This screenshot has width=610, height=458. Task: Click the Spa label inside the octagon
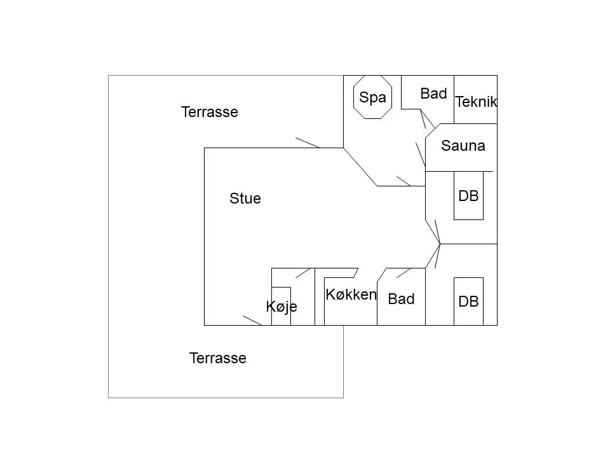372,97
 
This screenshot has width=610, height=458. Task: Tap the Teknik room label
476,102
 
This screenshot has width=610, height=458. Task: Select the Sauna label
463,146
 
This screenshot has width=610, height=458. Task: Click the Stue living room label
245,198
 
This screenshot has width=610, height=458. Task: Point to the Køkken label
351,295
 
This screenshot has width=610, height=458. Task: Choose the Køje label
281,307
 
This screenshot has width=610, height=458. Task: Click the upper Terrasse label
210,112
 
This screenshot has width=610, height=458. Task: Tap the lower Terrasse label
218,358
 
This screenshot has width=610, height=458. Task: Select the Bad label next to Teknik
433,94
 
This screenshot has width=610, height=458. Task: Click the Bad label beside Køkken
401,299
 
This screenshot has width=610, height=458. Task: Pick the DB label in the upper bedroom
468,196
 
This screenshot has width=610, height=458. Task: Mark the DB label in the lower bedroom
468,302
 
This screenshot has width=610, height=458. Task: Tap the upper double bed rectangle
454,195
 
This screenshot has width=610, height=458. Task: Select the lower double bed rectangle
454,302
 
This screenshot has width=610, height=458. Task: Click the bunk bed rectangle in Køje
271,306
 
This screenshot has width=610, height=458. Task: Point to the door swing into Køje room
302,273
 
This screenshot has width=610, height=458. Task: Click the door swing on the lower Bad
404,273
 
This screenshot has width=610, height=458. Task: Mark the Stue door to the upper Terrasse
308,142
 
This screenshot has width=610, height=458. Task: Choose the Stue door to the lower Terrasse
252,321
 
